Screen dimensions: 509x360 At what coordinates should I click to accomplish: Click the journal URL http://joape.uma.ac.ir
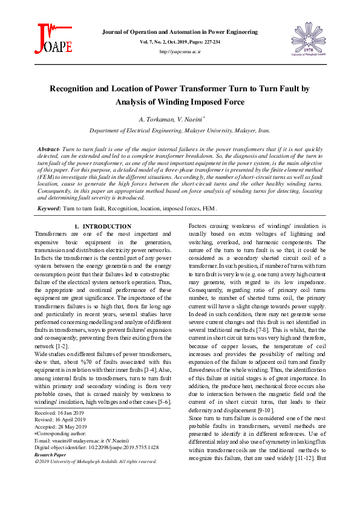[180, 53]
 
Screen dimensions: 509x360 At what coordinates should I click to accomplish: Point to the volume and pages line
[180, 42]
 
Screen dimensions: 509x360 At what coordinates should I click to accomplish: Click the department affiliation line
[180, 130]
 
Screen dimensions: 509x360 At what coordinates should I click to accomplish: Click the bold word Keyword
[49, 208]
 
